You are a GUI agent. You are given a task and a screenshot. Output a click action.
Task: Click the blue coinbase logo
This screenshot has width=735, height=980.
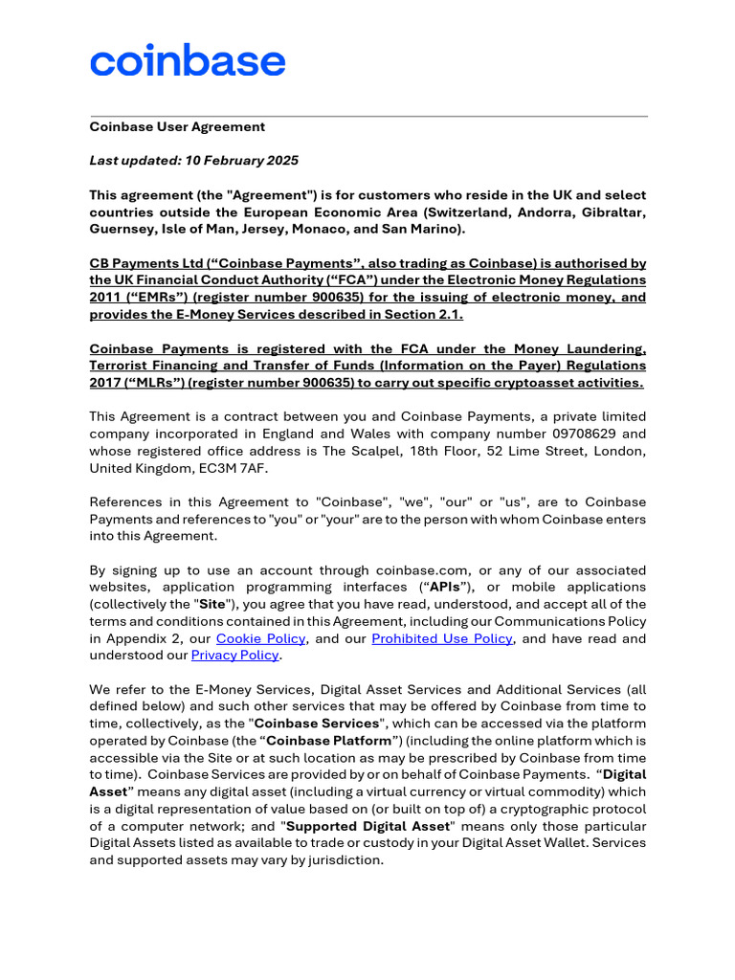(x=188, y=61)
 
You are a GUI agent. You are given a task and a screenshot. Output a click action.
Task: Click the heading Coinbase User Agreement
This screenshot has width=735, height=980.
(x=177, y=126)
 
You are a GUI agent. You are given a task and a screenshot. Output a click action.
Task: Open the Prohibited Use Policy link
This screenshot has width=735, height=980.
(x=441, y=638)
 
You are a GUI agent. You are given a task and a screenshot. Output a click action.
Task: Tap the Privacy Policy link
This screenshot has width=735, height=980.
(x=235, y=656)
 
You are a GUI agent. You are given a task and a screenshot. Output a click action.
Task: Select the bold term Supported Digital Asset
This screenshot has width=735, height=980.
(x=367, y=826)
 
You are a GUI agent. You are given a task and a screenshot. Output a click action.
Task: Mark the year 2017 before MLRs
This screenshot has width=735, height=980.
(x=106, y=383)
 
